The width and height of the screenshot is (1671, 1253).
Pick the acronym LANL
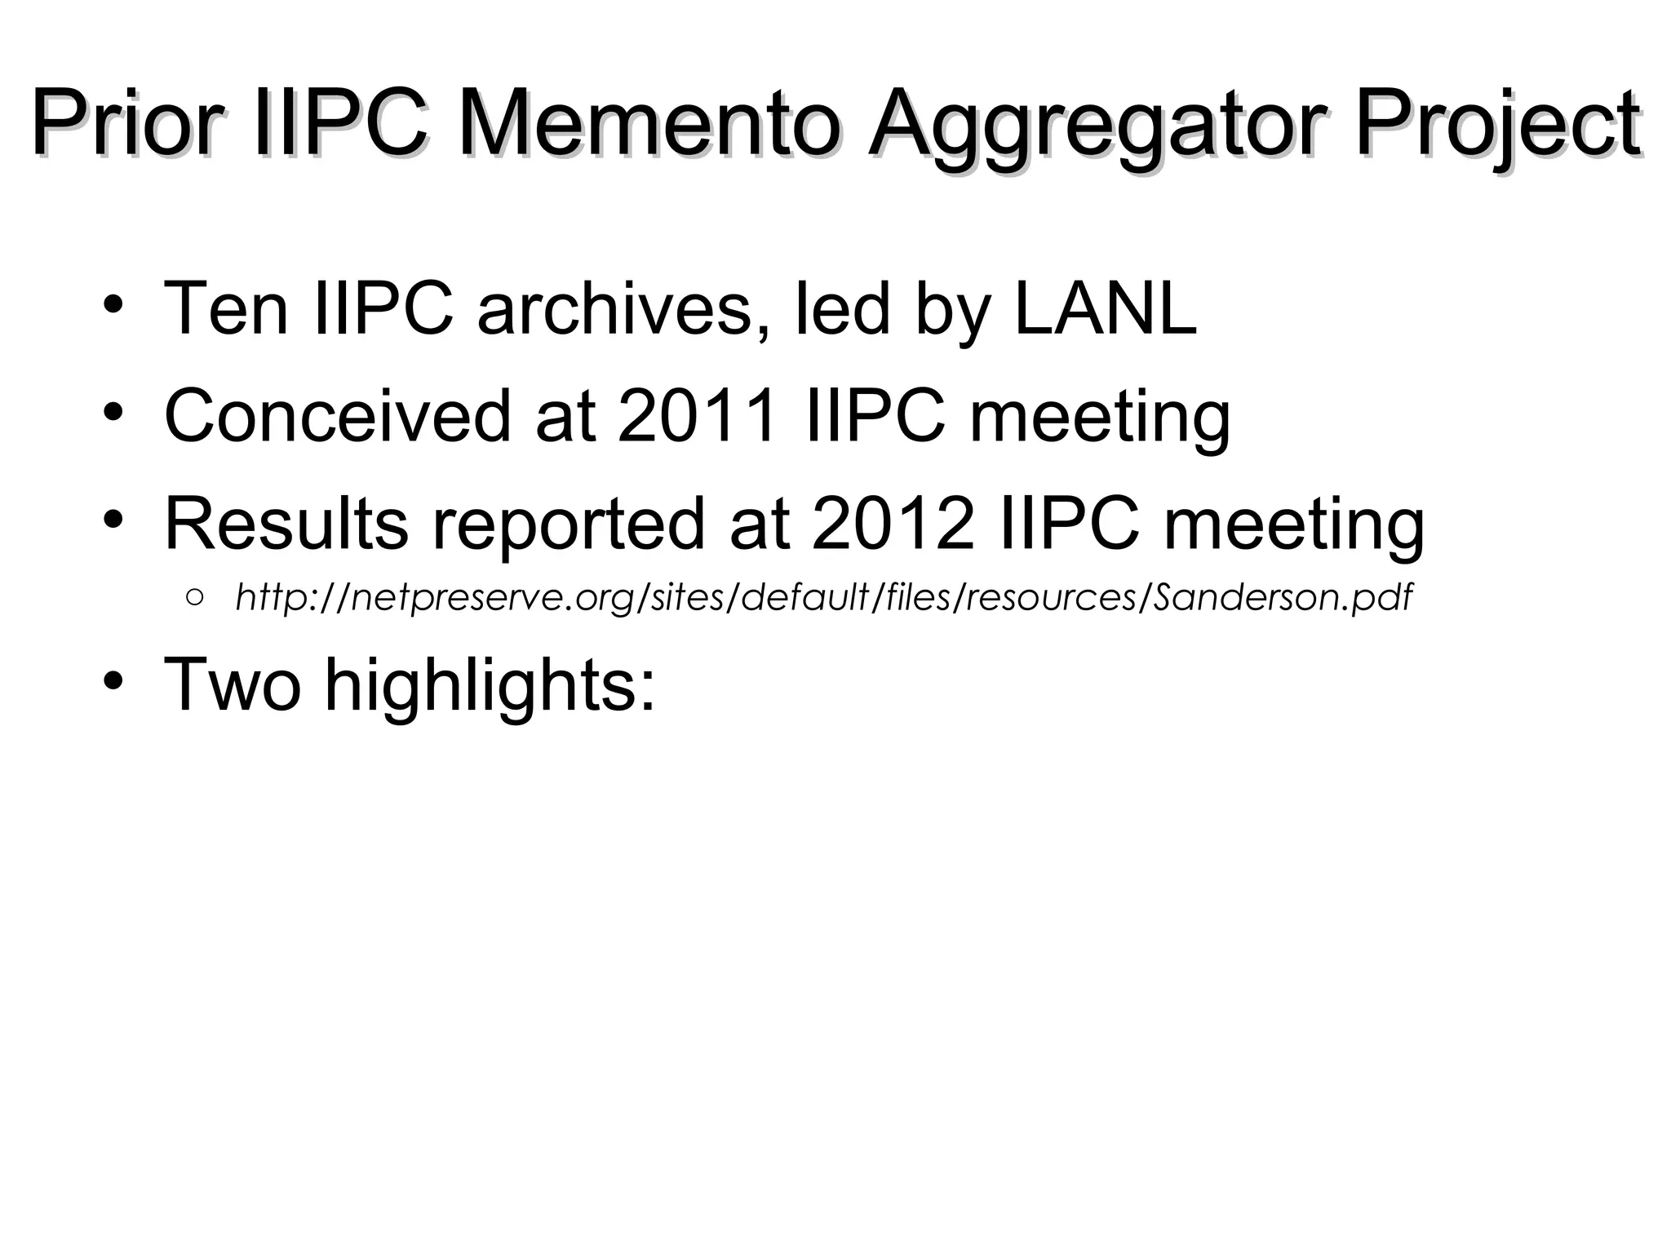1105,308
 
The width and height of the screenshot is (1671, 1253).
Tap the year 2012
893,523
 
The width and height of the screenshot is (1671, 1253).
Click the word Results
286,523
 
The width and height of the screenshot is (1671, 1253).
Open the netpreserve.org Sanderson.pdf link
823,598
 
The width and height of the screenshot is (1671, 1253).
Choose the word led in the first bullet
841,308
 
